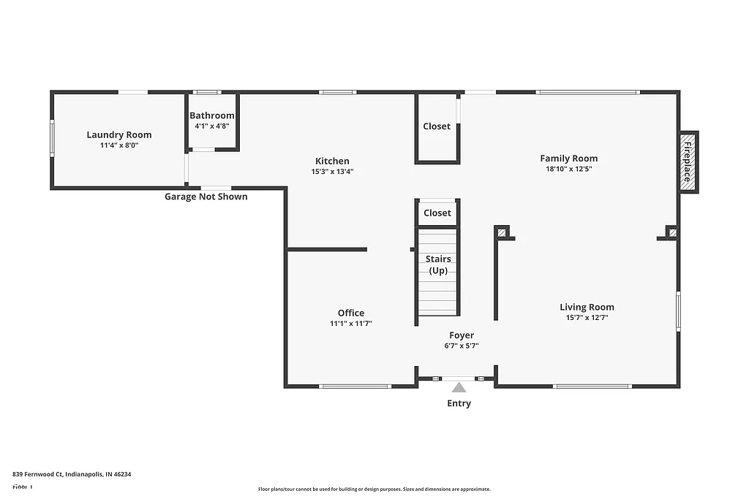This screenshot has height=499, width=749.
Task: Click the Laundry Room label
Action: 119,134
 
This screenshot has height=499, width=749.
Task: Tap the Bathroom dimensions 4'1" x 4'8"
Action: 212,126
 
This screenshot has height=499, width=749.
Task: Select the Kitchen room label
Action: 332,161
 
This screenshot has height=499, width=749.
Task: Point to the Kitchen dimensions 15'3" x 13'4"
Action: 332,172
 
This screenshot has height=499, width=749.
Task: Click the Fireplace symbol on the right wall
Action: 688,162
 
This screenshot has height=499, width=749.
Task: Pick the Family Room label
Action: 568,158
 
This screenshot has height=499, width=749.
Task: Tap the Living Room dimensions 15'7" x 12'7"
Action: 587,318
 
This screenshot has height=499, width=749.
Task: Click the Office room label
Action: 351,313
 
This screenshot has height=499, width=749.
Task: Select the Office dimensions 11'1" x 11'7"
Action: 351,324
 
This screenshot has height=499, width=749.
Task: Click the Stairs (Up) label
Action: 438,264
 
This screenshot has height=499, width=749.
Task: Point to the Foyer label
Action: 462,335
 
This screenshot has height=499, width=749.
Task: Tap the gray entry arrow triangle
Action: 459,387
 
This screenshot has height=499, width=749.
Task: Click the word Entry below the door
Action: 459,403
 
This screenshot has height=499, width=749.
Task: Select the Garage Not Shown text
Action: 206,197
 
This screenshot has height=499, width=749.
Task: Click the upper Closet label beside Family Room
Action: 437,126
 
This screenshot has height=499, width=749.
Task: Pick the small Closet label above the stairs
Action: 437,213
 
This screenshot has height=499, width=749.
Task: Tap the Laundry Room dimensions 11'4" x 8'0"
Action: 119,145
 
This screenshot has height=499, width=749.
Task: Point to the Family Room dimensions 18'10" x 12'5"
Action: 568,169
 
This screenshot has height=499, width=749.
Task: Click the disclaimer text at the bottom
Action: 374,490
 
